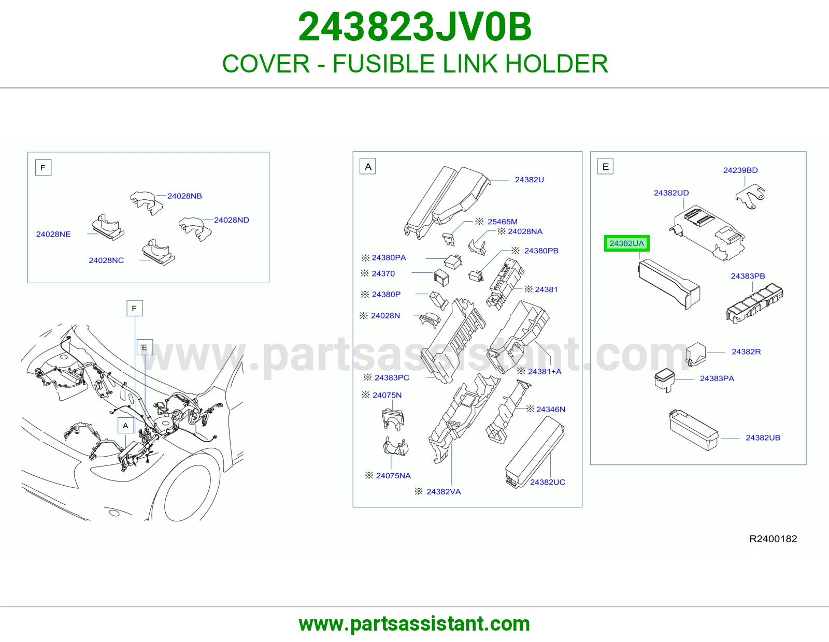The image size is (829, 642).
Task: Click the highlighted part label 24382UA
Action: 626,243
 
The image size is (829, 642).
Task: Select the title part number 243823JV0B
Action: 414,27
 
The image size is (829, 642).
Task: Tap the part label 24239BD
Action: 740,170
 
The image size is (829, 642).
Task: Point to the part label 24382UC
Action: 548,482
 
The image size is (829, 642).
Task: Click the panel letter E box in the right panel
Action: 605,167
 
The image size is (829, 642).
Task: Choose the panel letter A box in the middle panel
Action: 368,167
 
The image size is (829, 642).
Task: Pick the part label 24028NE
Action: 53,234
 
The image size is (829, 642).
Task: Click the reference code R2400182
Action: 773,538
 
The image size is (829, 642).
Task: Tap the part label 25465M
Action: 503,222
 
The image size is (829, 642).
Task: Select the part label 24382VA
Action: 444,491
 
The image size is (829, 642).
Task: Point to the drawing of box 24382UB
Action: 694,430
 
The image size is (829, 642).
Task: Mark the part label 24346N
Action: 550,409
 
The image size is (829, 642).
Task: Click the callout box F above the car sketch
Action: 135,308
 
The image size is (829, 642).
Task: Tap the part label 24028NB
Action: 184,196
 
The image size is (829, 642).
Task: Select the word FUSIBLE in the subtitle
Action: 383,64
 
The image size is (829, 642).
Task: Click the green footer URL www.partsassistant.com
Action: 414,624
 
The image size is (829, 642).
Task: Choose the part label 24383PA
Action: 717,378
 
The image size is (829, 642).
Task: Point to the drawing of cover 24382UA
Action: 669,284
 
